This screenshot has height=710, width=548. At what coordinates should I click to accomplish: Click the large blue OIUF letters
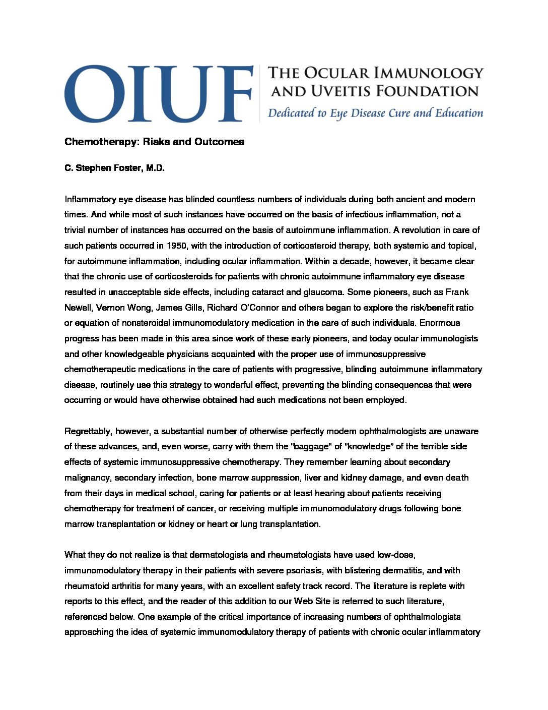click(x=158, y=93)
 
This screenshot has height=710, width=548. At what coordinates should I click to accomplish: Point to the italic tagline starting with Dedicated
click(x=375, y=113)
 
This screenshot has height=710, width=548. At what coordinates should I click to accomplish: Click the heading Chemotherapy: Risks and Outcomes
click(x=154, y=142)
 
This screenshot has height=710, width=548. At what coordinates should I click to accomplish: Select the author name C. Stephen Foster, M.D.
click(x=114, y=168)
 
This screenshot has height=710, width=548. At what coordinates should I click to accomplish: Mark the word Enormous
click(x=440, y=323)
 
